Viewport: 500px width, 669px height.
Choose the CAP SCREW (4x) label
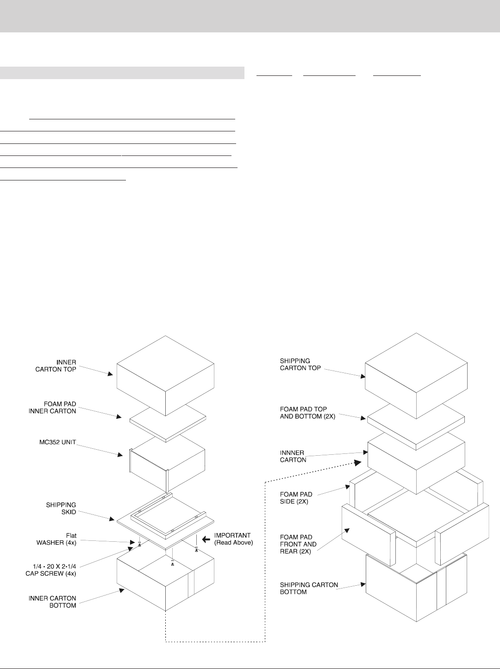[58, 570]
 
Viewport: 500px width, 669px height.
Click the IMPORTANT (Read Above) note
[233, 539]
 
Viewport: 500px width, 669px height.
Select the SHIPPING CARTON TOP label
[300, 364]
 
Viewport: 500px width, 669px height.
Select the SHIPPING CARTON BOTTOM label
[309, 588]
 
